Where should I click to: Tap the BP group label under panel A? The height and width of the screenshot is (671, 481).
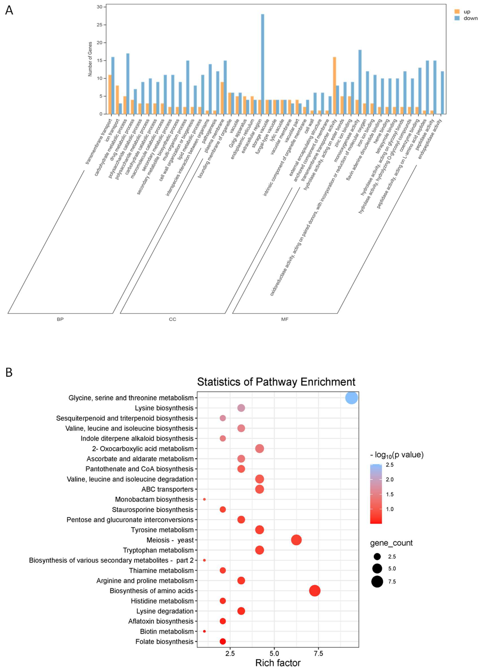coord(60,319)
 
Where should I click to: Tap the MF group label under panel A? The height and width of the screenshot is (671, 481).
coord(285,319)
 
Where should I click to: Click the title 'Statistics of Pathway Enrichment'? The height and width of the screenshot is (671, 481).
coord(276,382)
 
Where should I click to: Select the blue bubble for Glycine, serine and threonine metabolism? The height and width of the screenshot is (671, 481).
coord(351,398)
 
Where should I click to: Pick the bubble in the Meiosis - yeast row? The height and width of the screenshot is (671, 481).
coord(296,540)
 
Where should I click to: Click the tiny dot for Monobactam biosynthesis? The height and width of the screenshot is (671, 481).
coord(204,499)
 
